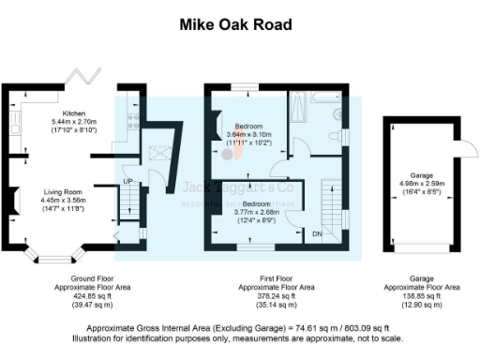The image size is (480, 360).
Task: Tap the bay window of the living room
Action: click(52, 252)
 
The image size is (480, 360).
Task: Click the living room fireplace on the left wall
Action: click(16, 200)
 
